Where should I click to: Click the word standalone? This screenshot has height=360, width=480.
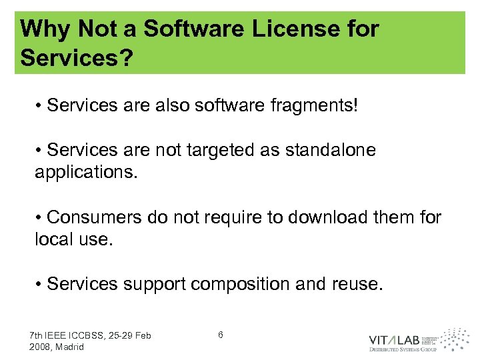330,150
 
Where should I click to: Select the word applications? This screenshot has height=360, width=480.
86,173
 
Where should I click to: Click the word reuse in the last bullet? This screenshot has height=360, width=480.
357,285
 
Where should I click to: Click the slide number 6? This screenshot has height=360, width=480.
221,334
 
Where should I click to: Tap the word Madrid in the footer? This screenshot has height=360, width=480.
69,347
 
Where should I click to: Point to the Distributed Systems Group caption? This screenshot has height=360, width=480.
403,349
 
